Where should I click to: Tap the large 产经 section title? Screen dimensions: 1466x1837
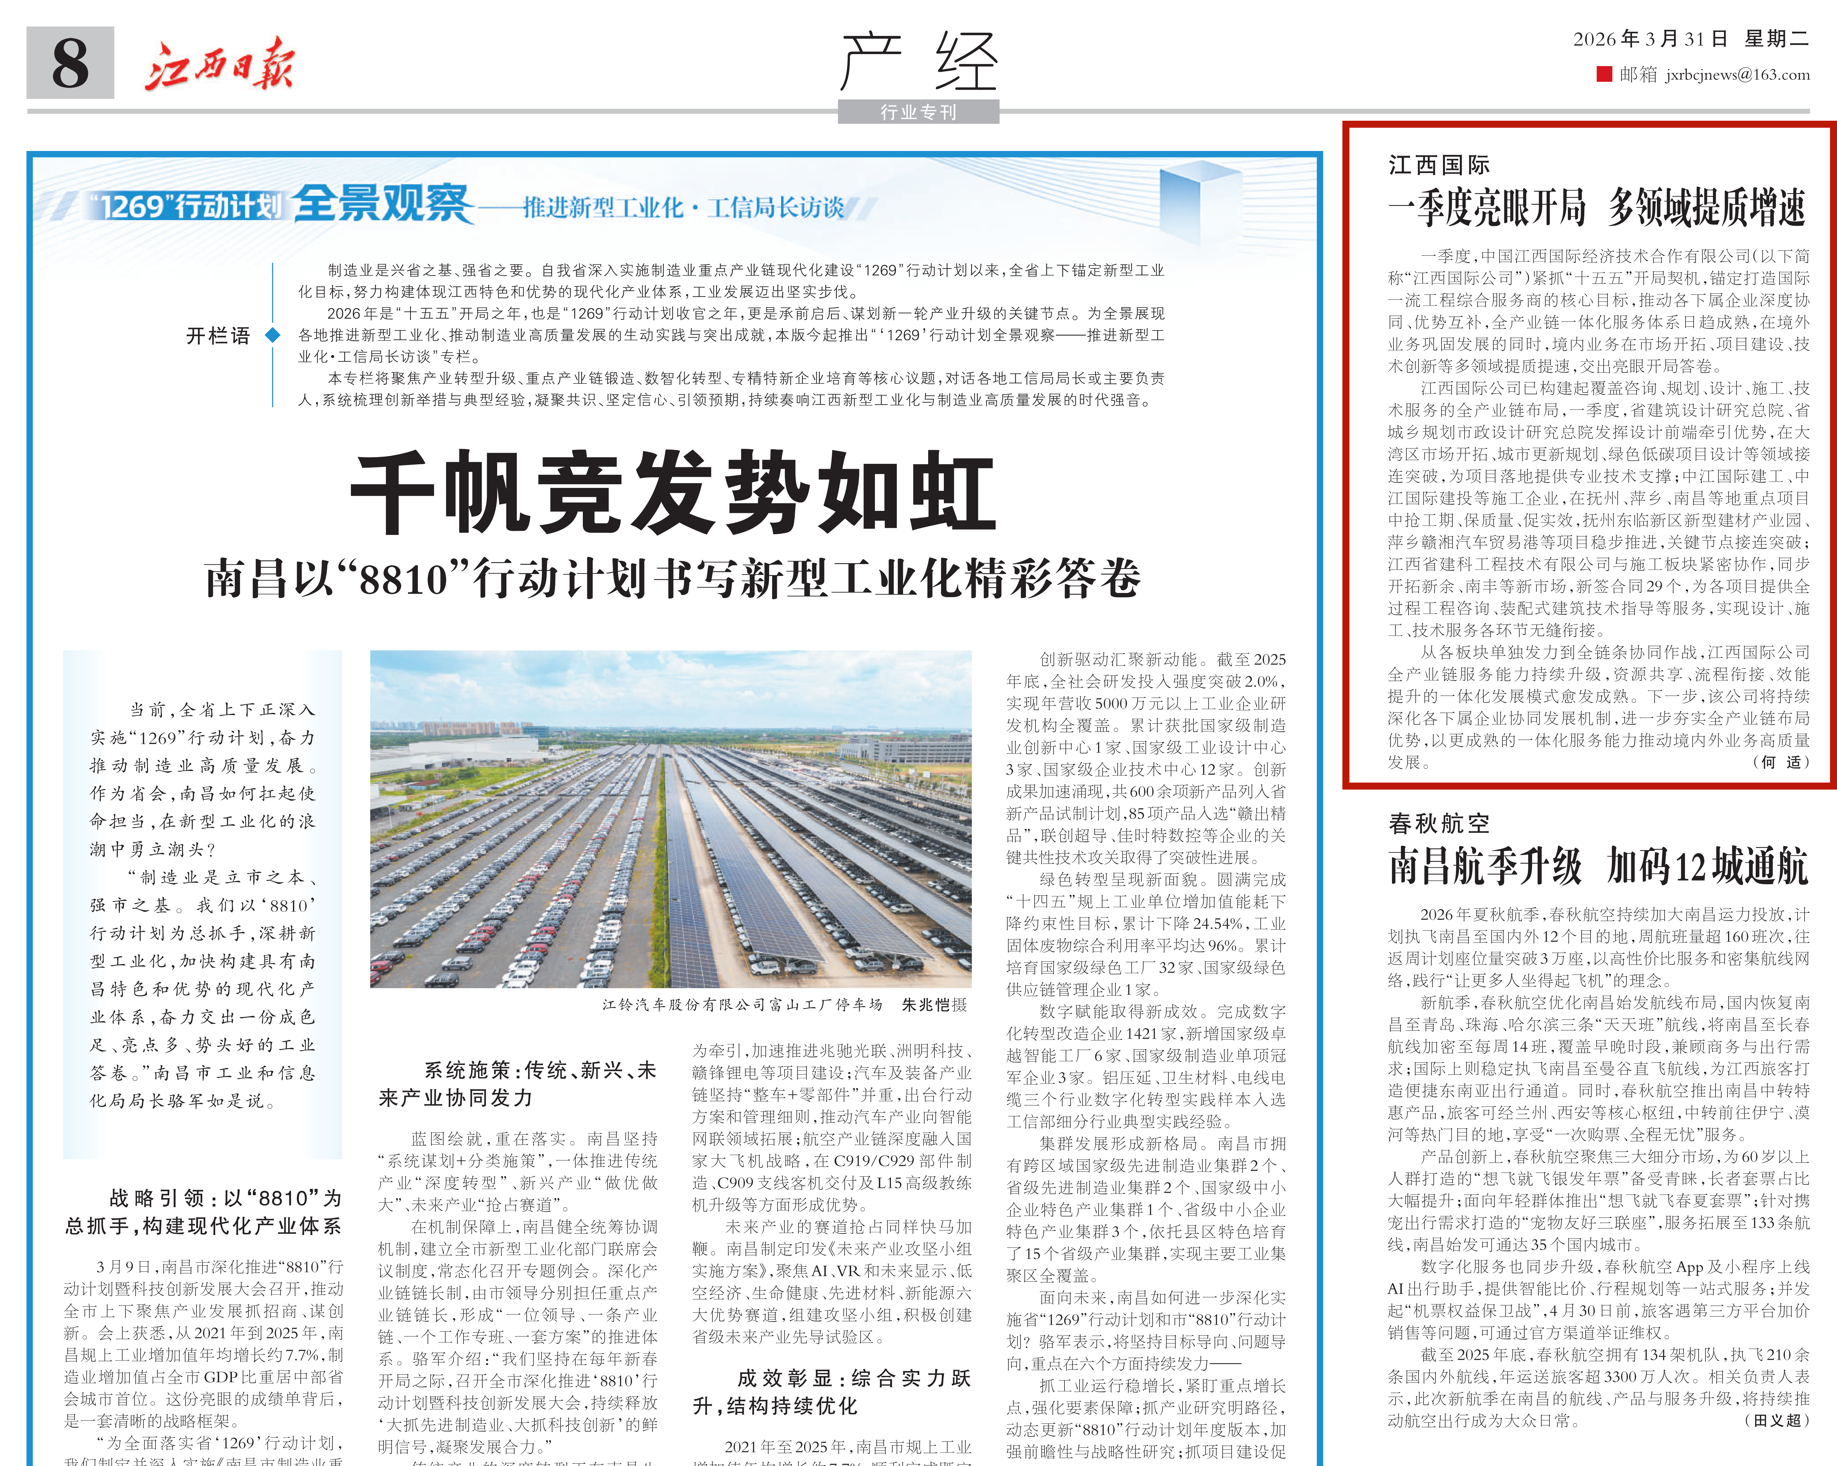919,61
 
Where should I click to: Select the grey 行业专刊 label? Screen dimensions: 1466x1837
919,112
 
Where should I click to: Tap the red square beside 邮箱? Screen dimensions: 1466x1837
1604,75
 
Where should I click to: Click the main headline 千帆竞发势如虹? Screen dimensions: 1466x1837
673,493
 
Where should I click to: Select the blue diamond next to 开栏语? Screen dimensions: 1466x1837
273,335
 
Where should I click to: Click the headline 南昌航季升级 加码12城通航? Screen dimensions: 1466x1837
1598,867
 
